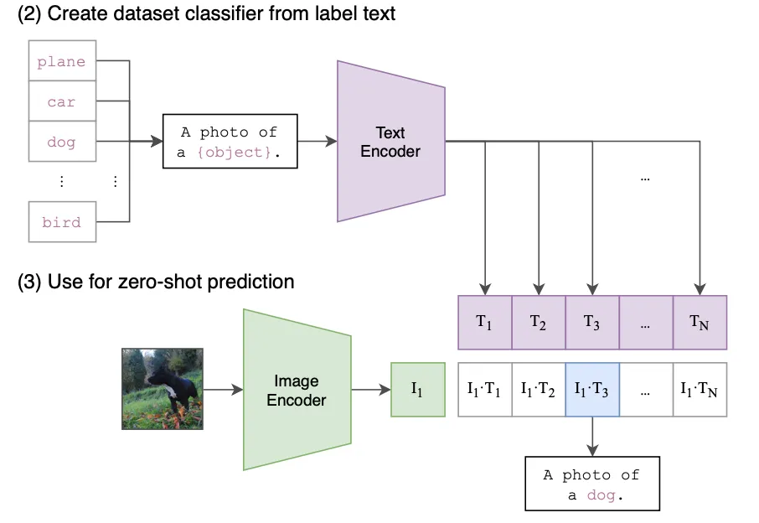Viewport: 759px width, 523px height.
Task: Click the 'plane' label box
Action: pos(62,61)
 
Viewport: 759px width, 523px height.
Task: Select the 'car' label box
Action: pos(62,101)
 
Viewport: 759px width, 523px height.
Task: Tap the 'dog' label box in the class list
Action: pos(62,142)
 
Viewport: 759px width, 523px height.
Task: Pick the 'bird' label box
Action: pos(62,222)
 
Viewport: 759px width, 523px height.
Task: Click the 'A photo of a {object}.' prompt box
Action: pos(229,141)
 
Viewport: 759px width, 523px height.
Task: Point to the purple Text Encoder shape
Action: pos(390,142)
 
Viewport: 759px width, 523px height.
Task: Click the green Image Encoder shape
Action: pos(297,390)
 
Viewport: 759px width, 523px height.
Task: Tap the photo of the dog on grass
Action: pos(163,389)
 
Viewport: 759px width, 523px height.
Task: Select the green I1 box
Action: pos(417,390)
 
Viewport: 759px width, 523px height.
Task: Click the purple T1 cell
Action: pos(484,323)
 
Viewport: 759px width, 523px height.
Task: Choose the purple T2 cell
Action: pos(538,323)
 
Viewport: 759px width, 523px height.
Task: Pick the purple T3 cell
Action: pos(591,323)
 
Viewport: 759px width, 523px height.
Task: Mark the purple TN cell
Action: pos(700,323)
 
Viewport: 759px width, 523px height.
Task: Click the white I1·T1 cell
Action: pos(484,390)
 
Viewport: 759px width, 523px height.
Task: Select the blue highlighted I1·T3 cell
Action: pos(591,390)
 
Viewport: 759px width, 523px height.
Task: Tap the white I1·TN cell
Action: pos(700,390)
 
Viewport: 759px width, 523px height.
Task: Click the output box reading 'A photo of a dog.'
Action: pos(591,484)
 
